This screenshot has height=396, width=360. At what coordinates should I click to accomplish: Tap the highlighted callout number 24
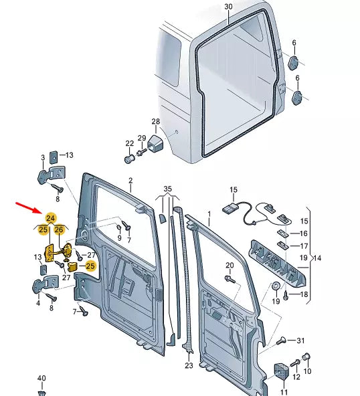pyautogui.click(x=50, y=217)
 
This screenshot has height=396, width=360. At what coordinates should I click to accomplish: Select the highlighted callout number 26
pyautogui.click(x=59, y=230)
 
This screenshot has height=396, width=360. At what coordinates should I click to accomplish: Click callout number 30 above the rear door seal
pyautogui.click(x=228, y=7)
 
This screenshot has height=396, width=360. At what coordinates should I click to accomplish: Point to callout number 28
pyautogui.click(x=156, y=122)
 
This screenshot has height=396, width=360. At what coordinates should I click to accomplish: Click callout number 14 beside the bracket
pyautogui.click(x=317, y=258)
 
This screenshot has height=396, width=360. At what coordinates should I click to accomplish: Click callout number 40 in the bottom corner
pyautogui.click(x=41, y=379)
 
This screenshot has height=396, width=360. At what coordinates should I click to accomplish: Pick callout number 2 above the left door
pyautogui.click(x=130, y=181)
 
